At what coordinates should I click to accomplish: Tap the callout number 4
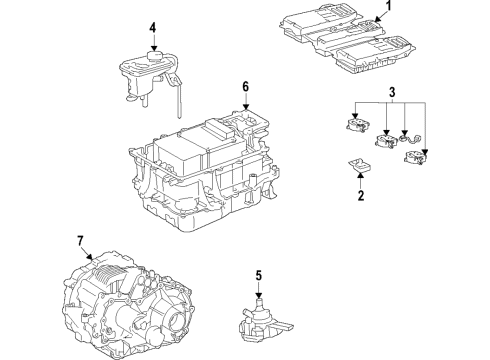pos(153,27)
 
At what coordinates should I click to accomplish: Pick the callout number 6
pos(243,87)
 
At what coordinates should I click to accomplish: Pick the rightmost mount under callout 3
pos(425,158)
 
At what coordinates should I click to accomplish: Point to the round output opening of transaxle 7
pos(177,325)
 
